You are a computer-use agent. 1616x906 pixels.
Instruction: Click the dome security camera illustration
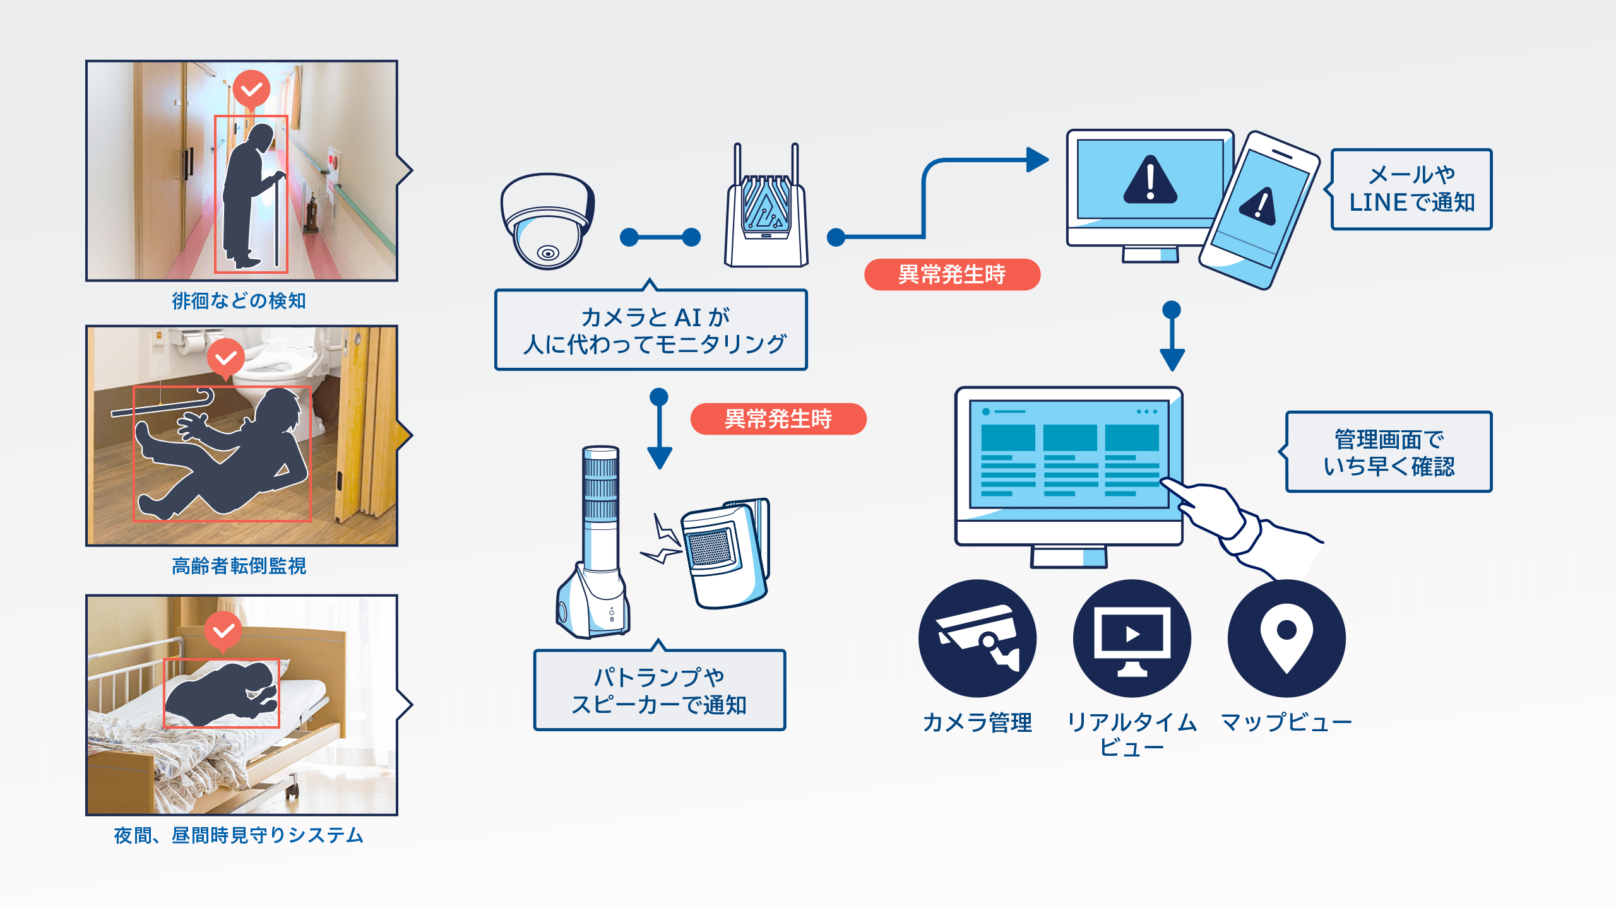point(547,221)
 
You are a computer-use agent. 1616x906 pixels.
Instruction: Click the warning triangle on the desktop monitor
point(1150,180)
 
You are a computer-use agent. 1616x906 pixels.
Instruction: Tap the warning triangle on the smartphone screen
point(1257,206)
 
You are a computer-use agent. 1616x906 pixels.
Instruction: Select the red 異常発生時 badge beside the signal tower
point(778,419)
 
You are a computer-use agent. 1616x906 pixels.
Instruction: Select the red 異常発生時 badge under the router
point(951,274)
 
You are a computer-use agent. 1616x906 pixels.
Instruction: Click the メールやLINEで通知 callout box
point(1411,189)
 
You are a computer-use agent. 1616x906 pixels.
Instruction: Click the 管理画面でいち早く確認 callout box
point(1389,452)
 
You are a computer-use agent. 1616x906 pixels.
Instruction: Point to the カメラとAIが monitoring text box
point(651,330)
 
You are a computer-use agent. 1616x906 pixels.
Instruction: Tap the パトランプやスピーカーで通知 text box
point(659,690)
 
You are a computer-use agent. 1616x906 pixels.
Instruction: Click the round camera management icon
point(977,638)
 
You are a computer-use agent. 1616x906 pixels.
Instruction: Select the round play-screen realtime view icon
point(1132,638)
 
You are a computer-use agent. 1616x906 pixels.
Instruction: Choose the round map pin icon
point(1286,638)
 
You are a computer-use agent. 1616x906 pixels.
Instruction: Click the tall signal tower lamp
point(597,543)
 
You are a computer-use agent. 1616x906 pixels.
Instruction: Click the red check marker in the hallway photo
point(251,89)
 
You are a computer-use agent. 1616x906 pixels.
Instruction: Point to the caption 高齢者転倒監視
point(239,566)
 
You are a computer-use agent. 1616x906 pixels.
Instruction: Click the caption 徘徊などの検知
point(239,301)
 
